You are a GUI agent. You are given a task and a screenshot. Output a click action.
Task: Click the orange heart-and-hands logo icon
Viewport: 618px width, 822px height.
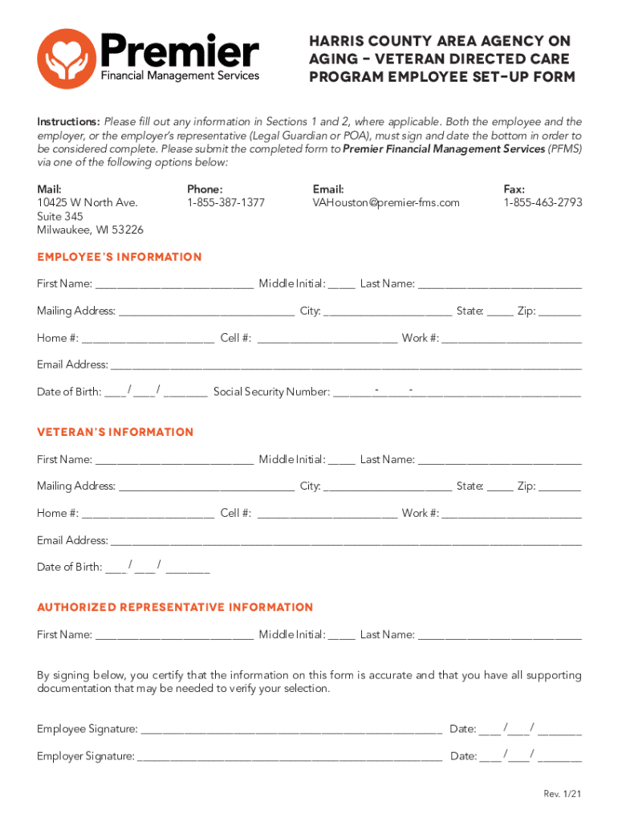(x=67, y=58)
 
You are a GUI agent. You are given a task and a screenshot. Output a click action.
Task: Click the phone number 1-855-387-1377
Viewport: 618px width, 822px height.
(x=226, y=203)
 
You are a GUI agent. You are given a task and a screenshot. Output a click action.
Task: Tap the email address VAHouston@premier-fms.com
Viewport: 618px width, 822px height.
(x=386, y=203)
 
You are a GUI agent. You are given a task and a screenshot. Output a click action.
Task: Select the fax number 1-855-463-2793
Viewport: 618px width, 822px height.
(x=543, y=203)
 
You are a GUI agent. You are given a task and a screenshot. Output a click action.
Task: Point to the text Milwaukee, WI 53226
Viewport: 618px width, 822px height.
(x=90, y=230)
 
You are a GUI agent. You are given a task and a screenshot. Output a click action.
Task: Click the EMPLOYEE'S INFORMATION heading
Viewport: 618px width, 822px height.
(x=120, y=257)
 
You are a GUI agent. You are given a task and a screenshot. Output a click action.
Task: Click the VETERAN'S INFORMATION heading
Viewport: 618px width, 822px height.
(x=116, y=432)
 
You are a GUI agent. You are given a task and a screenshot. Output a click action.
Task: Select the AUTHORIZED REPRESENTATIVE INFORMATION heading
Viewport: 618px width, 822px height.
(x=175, y=607)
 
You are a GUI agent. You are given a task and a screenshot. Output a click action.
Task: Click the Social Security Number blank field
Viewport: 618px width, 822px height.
(x=457, y=393)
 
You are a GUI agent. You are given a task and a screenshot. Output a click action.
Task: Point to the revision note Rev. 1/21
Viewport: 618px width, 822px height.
(x=562, y=794)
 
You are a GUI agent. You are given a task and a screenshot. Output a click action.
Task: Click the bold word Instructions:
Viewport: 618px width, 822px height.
(x=68, y=122)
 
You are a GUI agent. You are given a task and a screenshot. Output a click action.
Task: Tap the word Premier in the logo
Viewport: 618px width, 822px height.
(x=179, y=53)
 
